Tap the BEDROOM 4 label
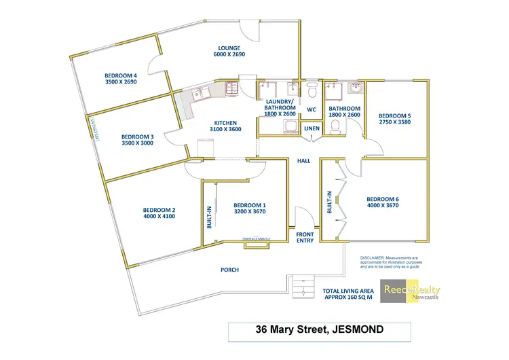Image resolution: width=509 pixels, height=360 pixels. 121,75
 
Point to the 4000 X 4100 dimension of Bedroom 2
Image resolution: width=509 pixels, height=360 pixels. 159,217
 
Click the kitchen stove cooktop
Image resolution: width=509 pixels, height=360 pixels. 229,87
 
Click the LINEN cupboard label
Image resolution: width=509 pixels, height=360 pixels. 312,128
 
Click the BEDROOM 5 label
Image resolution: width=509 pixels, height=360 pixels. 395,115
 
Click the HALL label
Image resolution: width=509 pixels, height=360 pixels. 303,162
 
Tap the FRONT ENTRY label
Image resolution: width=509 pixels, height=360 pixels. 305,238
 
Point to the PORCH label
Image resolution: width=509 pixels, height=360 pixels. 229,270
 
